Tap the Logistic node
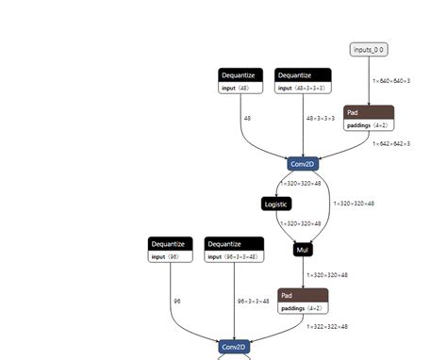tap(277, 203)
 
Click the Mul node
tap(302, 251)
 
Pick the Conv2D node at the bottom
tap(234, 347)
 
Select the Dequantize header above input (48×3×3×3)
tap(302, 74)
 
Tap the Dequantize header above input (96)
tap(170, 243)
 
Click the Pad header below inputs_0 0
tap(369, 111)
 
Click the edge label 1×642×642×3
tap(391, 143)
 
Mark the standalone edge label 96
tap(176, 301)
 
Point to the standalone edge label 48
tap(247, 119)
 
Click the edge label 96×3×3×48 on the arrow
tap(254, 301)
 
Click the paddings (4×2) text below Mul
tap(302, 307)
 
